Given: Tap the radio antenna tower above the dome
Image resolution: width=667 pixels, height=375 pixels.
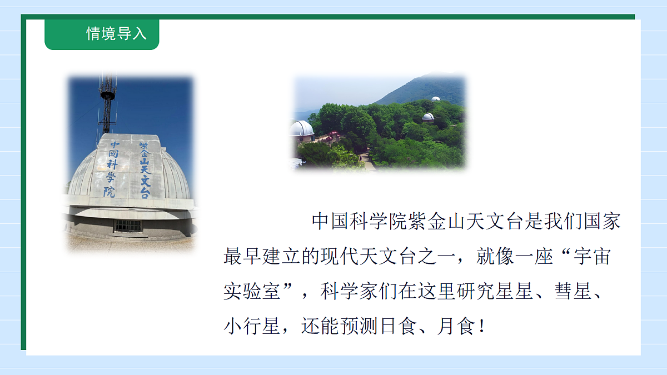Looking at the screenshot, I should click(x=107, y=106).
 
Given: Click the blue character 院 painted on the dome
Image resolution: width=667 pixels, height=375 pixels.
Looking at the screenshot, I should click(x=110, y=192).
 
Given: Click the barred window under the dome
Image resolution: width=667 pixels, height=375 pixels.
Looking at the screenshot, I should click(x=128, y=225).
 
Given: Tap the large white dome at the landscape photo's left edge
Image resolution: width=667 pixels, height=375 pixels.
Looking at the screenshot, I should click(x=301, y=129).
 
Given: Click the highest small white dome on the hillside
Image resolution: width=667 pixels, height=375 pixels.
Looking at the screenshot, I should click(x=436, y=99).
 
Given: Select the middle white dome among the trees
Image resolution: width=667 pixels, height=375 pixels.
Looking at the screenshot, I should click(x=427, y=117).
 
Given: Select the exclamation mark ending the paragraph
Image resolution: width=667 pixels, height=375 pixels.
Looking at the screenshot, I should click(x=481, y=326).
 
